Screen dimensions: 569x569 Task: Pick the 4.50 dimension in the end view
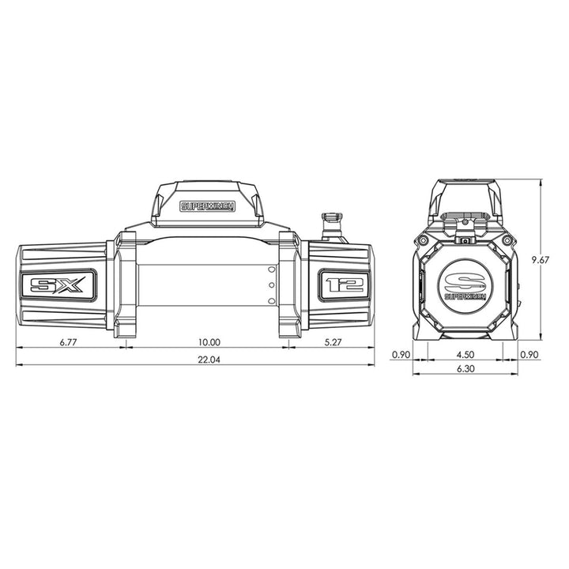pyautogui.click(x=465, y=355)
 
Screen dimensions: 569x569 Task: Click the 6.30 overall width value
pyautogui.click(x=465, y=370)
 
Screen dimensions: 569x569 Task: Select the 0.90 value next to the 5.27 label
pyautogui.click(x=401, y=355)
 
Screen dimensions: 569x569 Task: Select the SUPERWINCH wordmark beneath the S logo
pyautogui.click(x=465, y=298)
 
